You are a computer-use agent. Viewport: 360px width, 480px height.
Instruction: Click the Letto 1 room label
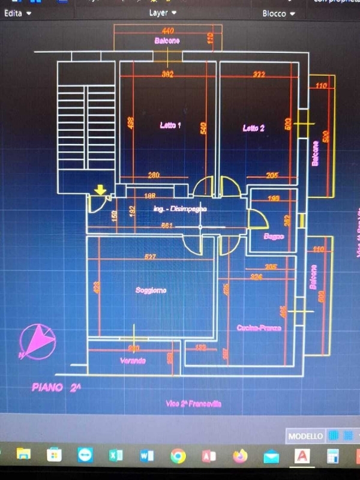(170, 125)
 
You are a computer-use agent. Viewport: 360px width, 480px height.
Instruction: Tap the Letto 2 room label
(254, 128)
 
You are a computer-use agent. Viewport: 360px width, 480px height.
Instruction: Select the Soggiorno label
(151, 290)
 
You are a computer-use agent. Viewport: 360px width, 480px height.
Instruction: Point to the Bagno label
(274, 236)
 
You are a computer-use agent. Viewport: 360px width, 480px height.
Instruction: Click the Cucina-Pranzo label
(259, 328)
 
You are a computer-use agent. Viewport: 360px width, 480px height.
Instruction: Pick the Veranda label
(133, 361)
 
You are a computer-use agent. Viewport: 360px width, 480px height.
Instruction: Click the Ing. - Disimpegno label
(180, 209)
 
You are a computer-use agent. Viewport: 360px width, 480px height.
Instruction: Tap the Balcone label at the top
(167, 41)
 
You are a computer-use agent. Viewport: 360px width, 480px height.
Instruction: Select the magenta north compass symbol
(38, 341)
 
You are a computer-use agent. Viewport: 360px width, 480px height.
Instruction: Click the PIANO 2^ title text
(56, 388)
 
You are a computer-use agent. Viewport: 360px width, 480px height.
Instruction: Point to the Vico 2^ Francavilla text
(193, 404)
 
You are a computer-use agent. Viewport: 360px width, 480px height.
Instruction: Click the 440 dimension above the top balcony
(167, 31)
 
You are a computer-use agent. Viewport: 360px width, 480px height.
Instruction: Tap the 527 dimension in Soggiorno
(150, 257)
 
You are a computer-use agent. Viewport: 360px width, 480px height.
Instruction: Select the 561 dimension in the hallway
(167, 226)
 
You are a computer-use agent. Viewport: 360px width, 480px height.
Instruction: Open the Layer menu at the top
(163, 12)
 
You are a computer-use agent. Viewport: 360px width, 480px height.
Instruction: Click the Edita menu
(17, 13)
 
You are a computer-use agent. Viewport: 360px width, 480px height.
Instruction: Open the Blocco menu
(278, 13)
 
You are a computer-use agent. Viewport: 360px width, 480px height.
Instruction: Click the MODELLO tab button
(305, 436)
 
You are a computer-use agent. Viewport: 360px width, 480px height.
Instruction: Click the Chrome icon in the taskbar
(178, 456)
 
